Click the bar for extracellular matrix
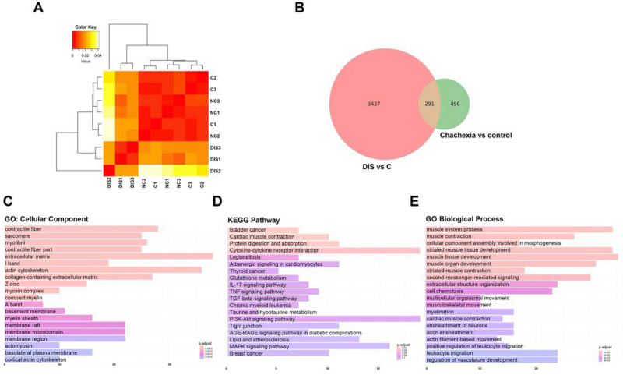tap(108, 256)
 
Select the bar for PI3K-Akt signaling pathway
tap(323, 319)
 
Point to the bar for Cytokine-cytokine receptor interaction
tap(323, 250)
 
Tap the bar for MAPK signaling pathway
tap(308, 346)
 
